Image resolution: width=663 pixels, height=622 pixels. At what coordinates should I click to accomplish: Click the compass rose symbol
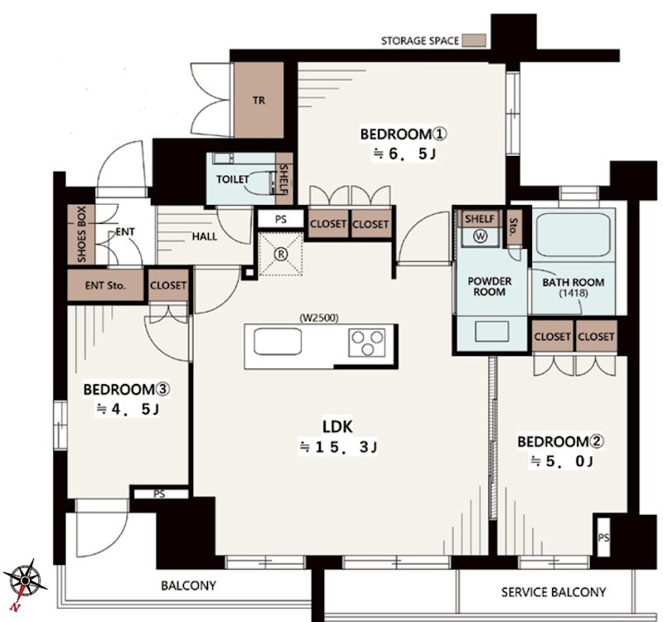[26, 580]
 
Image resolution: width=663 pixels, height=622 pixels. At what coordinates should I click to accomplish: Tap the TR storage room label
[259, 100]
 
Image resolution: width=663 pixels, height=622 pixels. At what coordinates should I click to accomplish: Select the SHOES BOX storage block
[81, 235]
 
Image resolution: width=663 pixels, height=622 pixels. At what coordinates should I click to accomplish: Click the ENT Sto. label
[105, 285]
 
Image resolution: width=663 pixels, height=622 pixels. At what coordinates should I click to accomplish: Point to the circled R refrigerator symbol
[280, 254]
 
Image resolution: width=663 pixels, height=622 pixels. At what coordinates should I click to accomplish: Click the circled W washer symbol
[481, 236]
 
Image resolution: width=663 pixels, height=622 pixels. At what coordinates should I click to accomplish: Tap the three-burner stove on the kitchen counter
[367, 343]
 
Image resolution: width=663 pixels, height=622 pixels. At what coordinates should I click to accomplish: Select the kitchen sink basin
[278, 342]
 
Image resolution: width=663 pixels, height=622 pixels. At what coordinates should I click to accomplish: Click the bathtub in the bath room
[573, 235]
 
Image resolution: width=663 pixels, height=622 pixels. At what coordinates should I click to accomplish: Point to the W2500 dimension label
[319, 318]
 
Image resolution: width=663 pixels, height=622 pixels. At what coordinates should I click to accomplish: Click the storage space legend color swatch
[473, 41]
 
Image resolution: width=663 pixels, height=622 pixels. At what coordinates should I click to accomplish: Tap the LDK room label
[337, 426]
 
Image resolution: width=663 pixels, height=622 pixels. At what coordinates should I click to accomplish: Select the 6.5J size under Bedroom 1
[404, 153]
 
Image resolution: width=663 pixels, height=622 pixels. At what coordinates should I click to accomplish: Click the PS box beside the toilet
[281, 219]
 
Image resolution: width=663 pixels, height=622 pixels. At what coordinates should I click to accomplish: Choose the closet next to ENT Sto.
[168, 285]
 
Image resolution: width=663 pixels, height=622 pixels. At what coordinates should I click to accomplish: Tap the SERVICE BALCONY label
[554, 592]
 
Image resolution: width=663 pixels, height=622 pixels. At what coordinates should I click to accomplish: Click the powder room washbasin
[491, 331]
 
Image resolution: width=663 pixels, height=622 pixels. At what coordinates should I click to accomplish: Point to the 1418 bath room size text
[573, 293]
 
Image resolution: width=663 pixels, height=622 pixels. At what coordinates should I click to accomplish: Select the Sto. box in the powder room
[514, 229]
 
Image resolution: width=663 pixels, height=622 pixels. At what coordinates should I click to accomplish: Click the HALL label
[205, 236]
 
